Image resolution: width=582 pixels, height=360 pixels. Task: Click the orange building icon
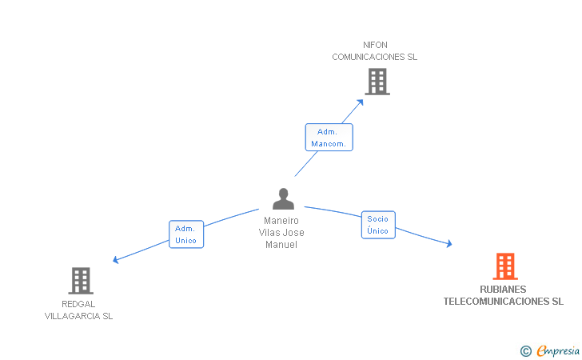coord(504,266)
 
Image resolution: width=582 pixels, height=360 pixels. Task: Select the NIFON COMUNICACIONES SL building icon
coord(377,82)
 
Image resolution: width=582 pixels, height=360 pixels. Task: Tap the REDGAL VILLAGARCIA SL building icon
coord(81,281)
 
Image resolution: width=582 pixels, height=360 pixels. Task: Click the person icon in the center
coord(283,198)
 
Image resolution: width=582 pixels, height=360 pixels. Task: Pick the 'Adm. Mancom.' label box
coord(329,138)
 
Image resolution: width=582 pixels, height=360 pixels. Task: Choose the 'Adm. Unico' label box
coord(186,234)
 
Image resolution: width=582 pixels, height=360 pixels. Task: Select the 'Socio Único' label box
coord(377,224)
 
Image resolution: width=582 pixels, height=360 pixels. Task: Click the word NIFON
coord(375,45)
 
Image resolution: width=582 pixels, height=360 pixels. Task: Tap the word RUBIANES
coord(504,290)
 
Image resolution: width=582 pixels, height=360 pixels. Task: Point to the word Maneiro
coord(281,221)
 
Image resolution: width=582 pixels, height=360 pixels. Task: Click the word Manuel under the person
coord(281,245)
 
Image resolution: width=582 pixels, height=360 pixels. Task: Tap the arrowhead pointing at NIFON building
coord(361,101)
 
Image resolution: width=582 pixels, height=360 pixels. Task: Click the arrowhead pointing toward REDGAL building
coord(116,260)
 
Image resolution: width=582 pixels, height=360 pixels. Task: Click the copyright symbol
coord(525,350)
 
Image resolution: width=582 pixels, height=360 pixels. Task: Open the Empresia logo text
coord(559,350)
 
